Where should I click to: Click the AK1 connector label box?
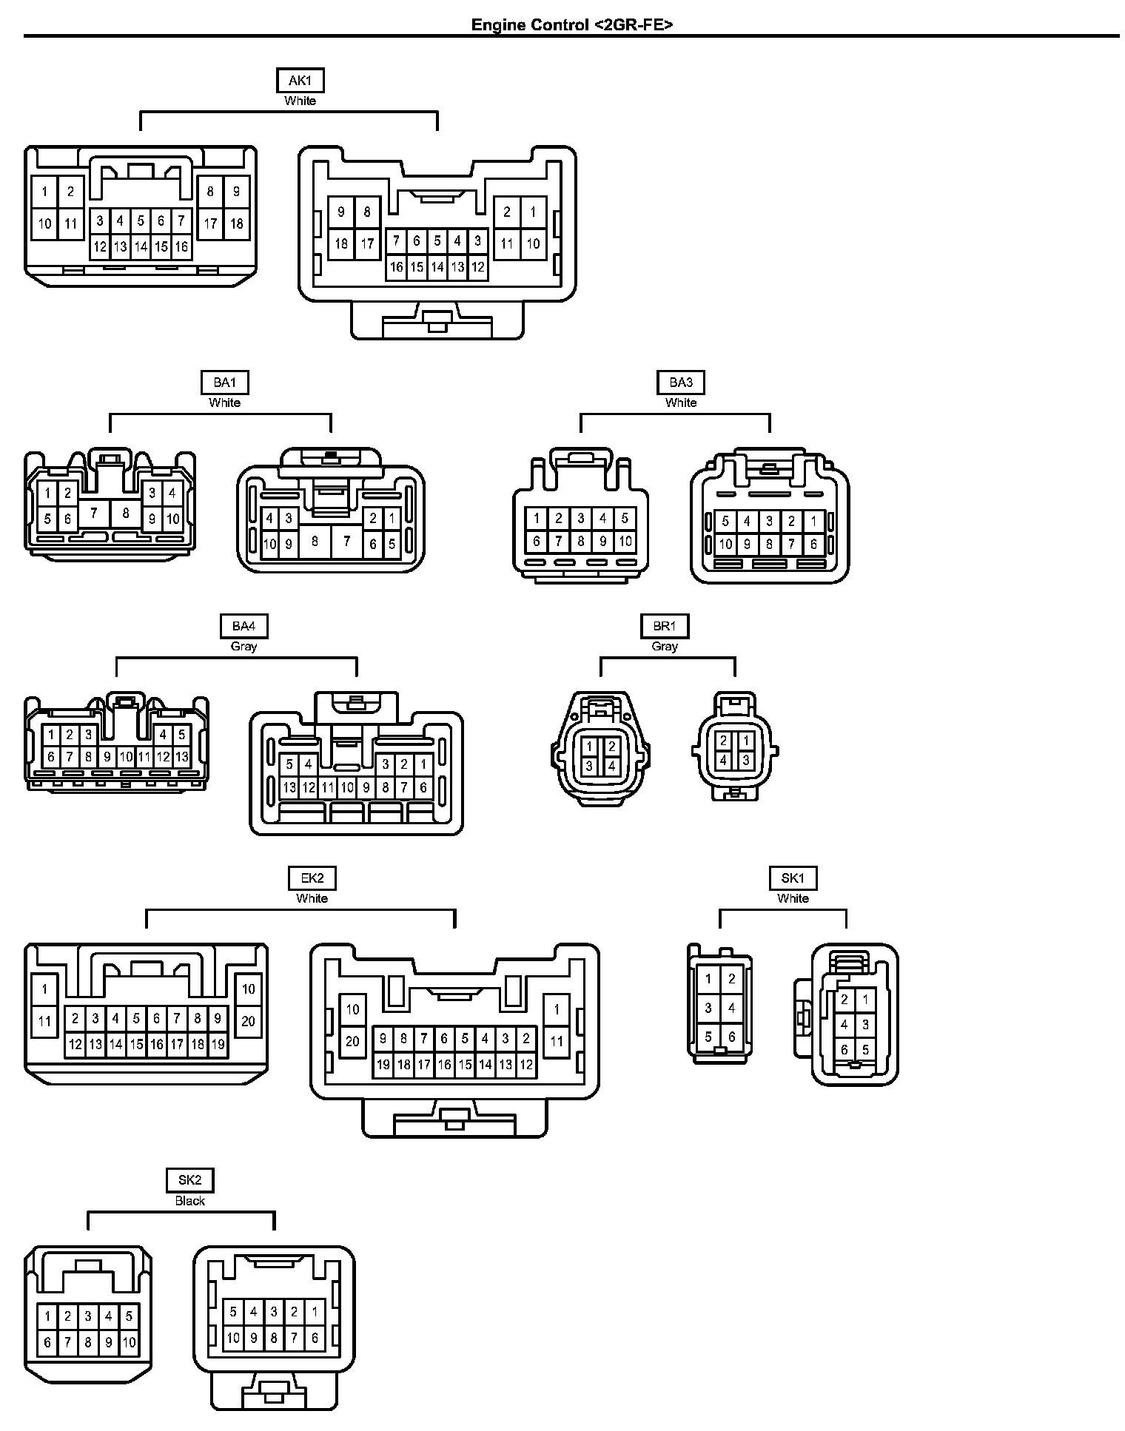(300, 80)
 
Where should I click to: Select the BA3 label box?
(681, 382)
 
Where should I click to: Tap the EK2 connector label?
(312, 878)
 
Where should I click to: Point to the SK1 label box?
(793, 878)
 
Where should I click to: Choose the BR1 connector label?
(665, 626)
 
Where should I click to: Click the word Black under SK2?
(190, 1200)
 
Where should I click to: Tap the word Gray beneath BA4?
(244, 646)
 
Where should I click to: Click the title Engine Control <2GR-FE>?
(572, 24)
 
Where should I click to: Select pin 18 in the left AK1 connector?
(237, 223)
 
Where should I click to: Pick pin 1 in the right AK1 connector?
(533, 212)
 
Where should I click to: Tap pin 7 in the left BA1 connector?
(94, 512)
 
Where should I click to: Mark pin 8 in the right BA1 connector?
(315, 541)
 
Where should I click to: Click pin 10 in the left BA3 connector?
(625, 541)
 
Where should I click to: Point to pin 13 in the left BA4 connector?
(182, 757)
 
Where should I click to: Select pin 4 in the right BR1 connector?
(723, 760)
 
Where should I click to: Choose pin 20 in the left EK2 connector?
(248, 1021)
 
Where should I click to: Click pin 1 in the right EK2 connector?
(557, 1009)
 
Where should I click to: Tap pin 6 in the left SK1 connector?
(731, 1037)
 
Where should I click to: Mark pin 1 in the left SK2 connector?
(47, 1316)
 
